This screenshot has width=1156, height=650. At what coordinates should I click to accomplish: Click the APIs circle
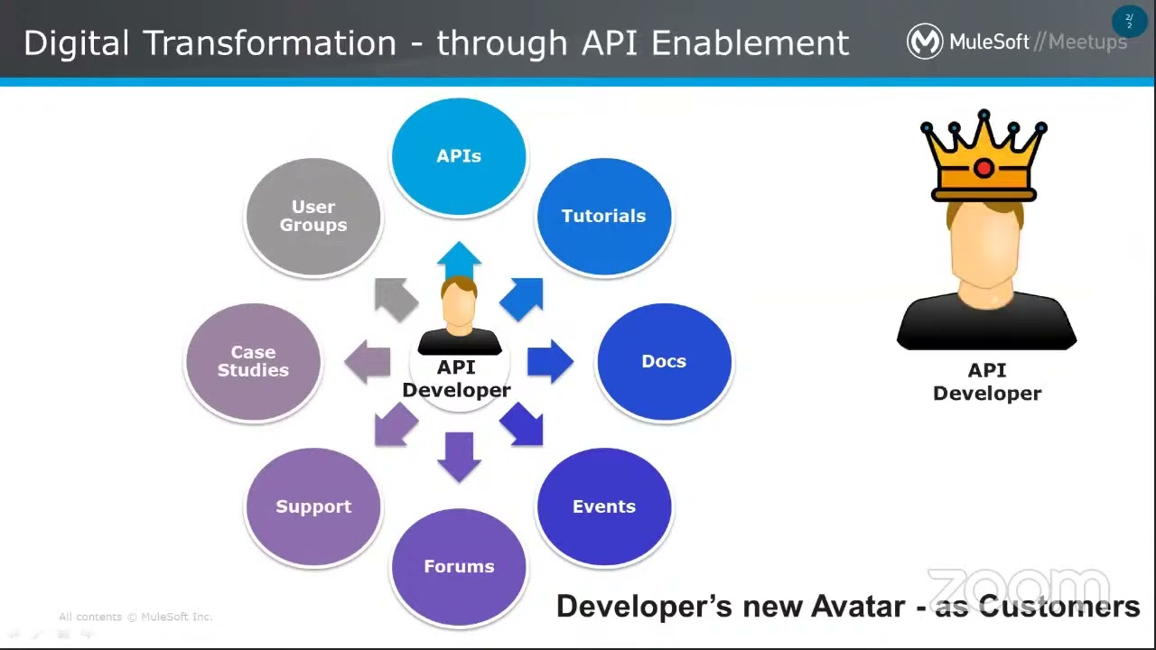point(459,156)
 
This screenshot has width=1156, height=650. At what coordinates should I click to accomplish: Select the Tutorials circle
point(603,216)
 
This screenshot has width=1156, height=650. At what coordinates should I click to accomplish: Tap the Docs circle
point(664,361)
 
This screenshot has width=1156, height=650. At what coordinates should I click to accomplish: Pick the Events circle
point(603,506)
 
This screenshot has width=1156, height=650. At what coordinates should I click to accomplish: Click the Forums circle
point(459,566)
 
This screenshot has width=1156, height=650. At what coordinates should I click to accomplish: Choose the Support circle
point(313,506)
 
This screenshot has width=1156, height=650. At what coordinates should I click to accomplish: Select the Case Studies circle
point(253,361)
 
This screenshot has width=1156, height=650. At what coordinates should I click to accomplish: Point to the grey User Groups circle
point(313,216)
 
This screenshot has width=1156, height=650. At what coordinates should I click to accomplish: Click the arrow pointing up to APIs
point(459,260)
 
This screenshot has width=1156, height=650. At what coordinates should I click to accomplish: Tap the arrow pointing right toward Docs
point(549,361)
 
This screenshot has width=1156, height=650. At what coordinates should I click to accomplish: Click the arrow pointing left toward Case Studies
point(368,361)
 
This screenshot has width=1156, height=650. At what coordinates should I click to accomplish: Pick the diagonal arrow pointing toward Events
point(523,424)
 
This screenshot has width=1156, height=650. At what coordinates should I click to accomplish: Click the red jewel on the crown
point(984,168)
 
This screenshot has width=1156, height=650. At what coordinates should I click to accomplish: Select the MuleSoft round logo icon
point(924,42)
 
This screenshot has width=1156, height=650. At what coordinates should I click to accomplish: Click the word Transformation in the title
point(270,43)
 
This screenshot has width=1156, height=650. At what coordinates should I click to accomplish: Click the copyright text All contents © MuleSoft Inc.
point(135,617)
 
